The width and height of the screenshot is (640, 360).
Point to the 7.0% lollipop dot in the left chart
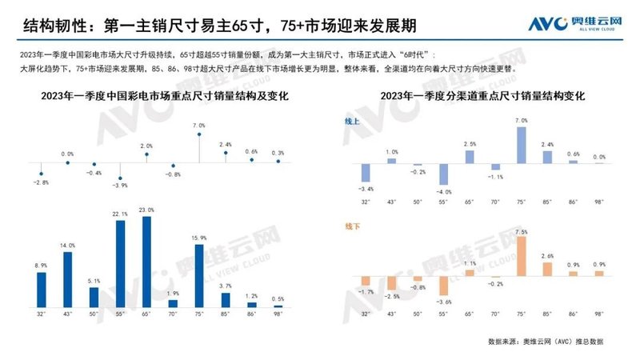pos(199,134)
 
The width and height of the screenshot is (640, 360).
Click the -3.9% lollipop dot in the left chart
pos(120,178)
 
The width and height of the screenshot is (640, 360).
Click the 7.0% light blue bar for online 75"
pos(522,145)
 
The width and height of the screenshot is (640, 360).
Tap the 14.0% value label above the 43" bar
pos(67,246)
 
